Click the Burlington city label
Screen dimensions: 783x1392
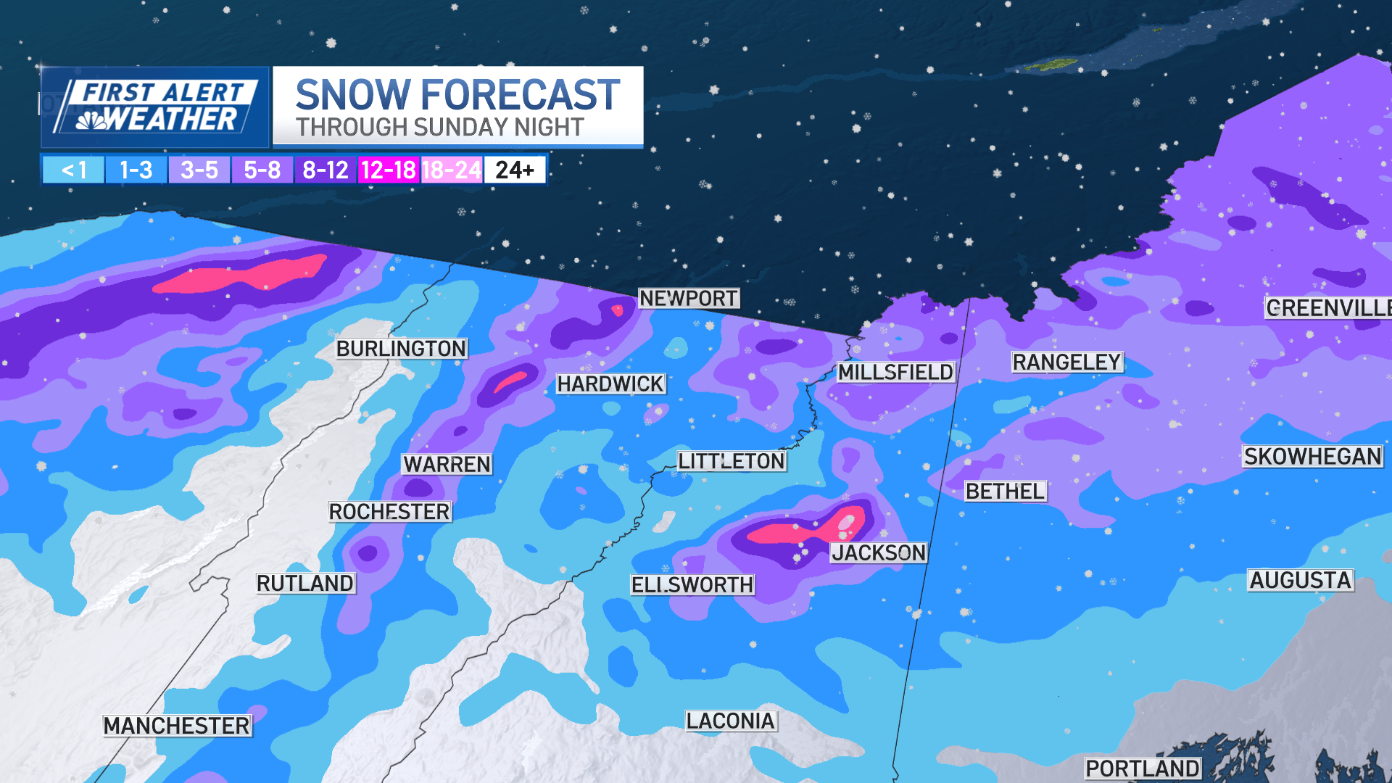coord(401,349)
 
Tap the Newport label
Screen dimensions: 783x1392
coord(688,298)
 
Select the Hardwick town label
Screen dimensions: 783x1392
coord(610,384)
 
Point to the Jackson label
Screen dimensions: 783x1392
coord(878,552)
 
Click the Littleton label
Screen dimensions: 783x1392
coord(731,461)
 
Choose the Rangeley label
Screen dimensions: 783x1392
coord(1066,362)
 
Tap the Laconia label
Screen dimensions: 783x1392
coord(731,721)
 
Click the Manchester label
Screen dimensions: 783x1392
coord(177,726)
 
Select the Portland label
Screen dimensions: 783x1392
coord(1142,768)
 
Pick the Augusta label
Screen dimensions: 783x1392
coord(1300,580)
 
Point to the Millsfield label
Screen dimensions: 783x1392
coord(895,372)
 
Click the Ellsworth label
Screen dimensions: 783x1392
coord(692,584)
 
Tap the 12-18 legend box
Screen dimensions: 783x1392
coord(388,170)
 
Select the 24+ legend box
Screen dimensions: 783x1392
coord(515,170)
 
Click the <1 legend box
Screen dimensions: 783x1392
coord(73,170)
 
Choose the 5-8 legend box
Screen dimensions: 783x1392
coord(262,170)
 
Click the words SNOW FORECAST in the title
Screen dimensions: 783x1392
coord(457,95)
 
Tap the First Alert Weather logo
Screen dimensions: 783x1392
coord(155,107)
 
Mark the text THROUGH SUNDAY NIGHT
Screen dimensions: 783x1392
coord(439,128)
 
